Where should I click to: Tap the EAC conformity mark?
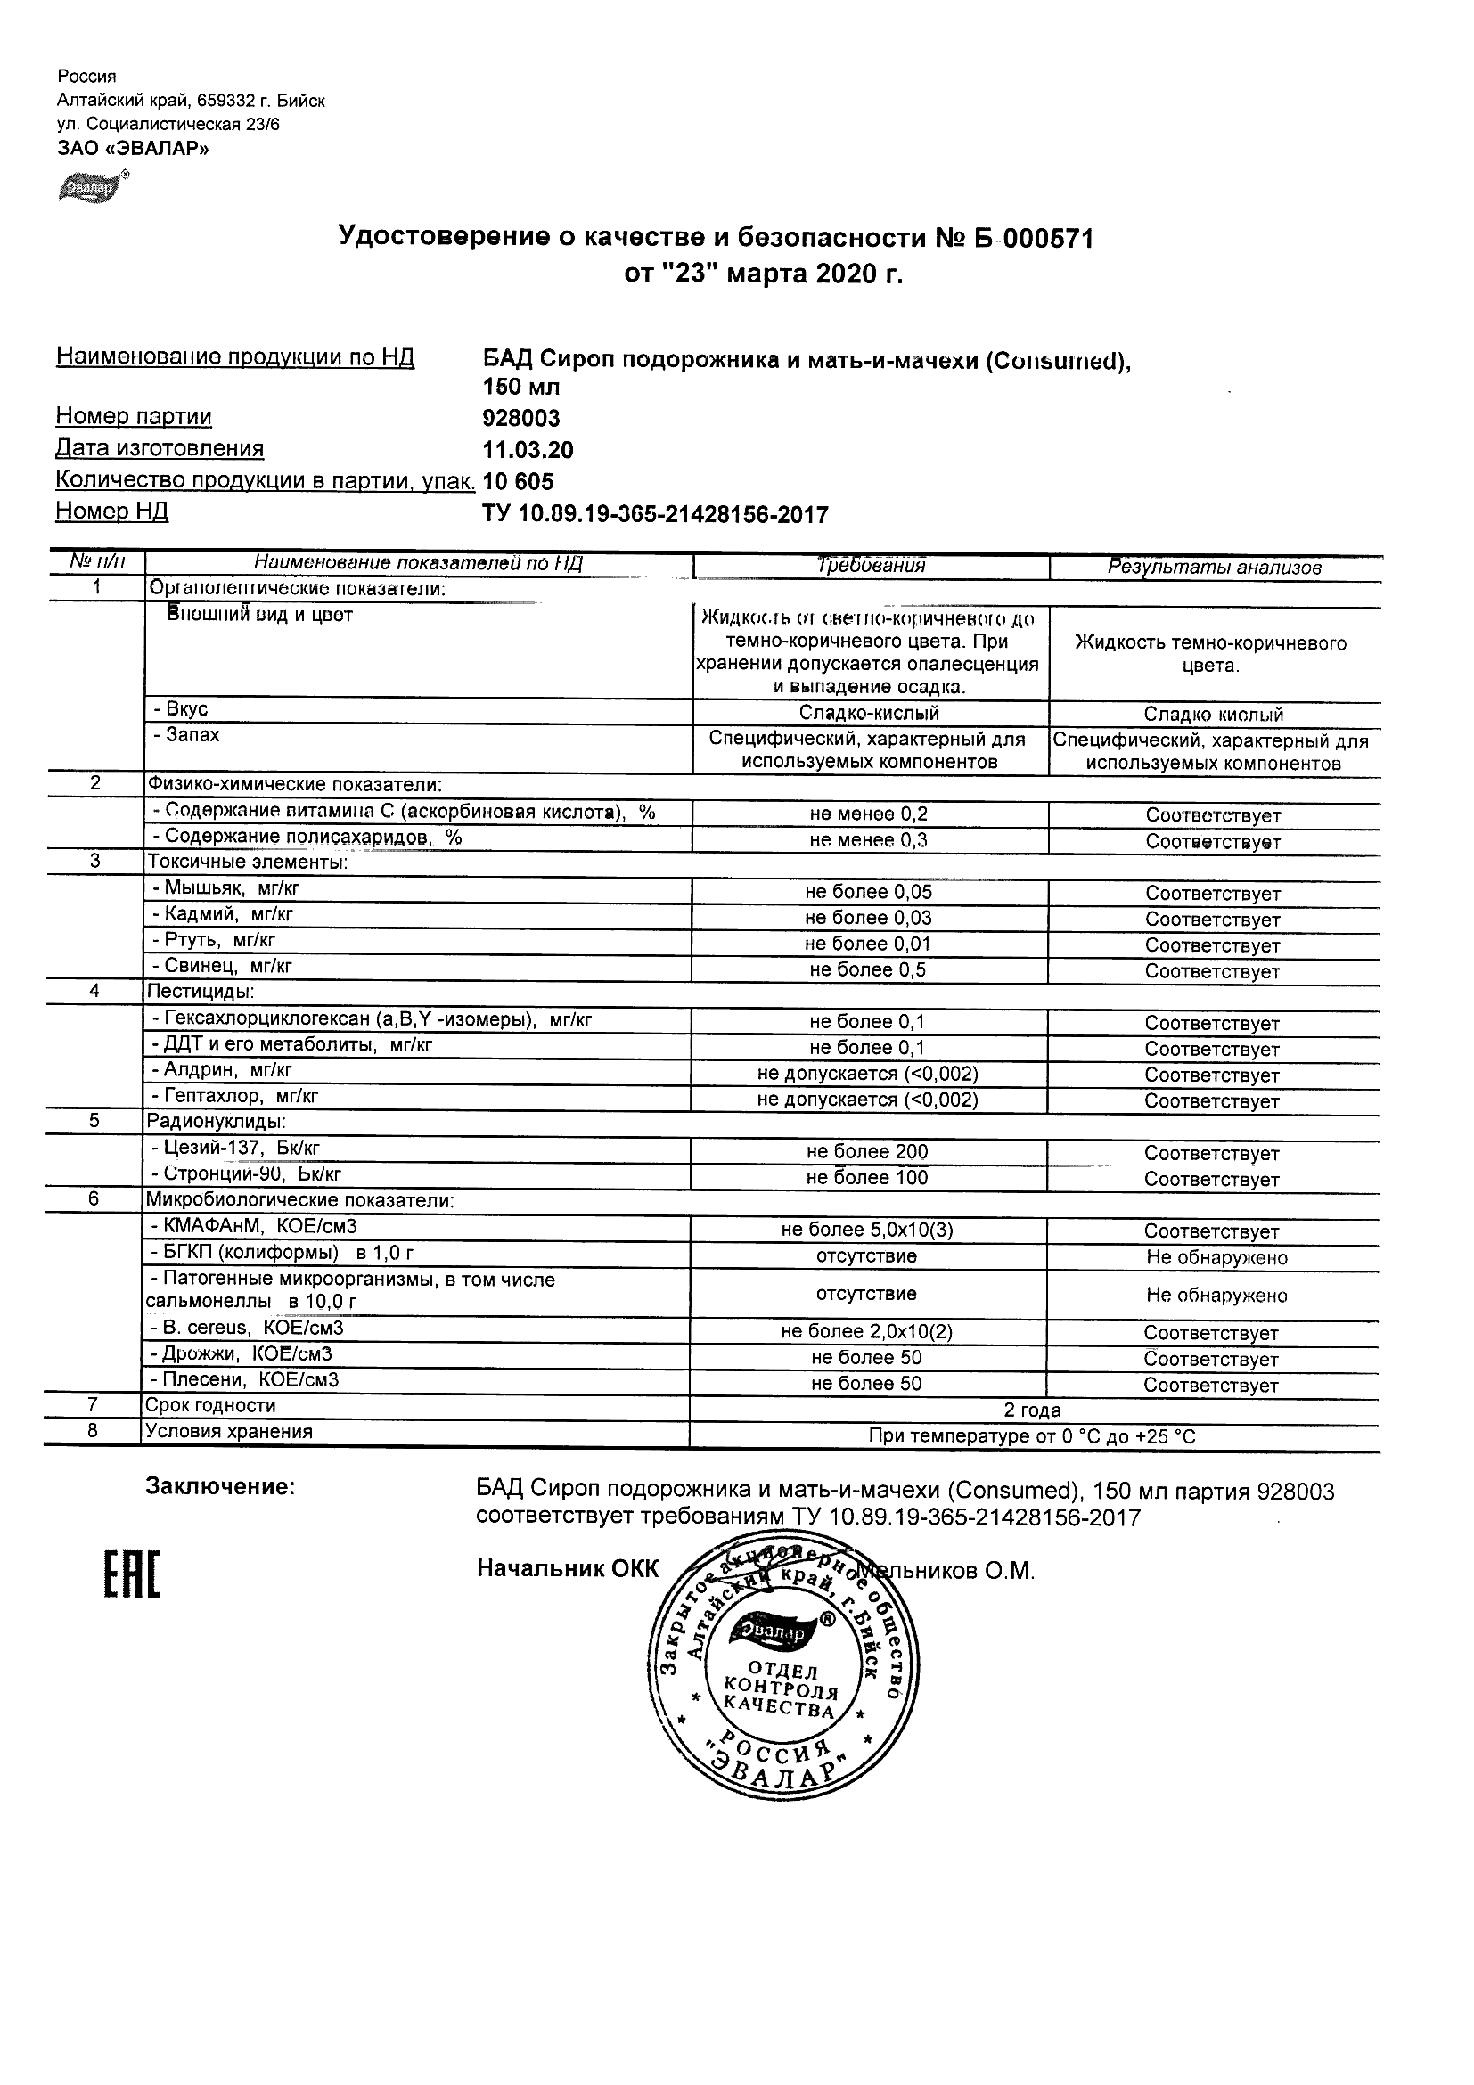tap(131, 1576)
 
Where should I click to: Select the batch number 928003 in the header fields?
tap(521, 419)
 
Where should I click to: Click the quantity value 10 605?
tap(518, 481)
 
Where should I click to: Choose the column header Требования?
tap(870, 566)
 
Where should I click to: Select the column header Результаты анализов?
tap(1214, 568)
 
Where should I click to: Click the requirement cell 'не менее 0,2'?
tap(868, 814)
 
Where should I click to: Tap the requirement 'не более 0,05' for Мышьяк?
tap(868, 893)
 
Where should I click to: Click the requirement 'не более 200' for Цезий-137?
tap(867, 1152)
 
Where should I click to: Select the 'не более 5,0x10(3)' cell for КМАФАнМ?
tap(867, 1231)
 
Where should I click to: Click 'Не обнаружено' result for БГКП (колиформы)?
tap(1216, 1258)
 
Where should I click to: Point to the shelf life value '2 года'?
tap(1032, 1410)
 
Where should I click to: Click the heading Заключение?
tap(220, 1486)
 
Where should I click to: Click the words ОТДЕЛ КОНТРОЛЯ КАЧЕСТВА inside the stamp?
tap(780, 1691)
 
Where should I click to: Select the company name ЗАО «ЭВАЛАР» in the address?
tap(133, 149)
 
